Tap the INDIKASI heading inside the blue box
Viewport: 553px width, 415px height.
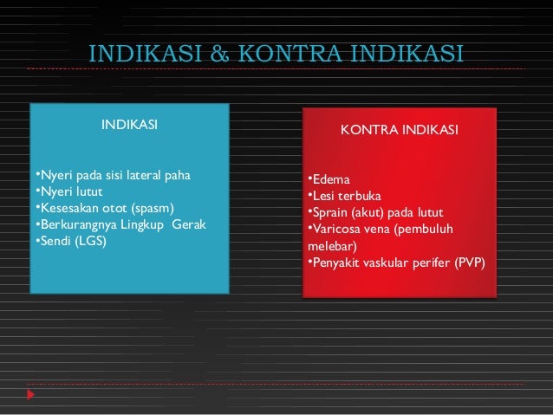(130, 125)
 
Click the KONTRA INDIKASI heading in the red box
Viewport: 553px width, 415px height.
(399, 130)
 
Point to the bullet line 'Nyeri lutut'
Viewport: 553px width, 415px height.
(70, 193)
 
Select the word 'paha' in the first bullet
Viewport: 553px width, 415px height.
(180, 178)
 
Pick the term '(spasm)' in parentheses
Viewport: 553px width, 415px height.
(152, 209)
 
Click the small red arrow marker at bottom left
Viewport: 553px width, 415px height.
(31, 395)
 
